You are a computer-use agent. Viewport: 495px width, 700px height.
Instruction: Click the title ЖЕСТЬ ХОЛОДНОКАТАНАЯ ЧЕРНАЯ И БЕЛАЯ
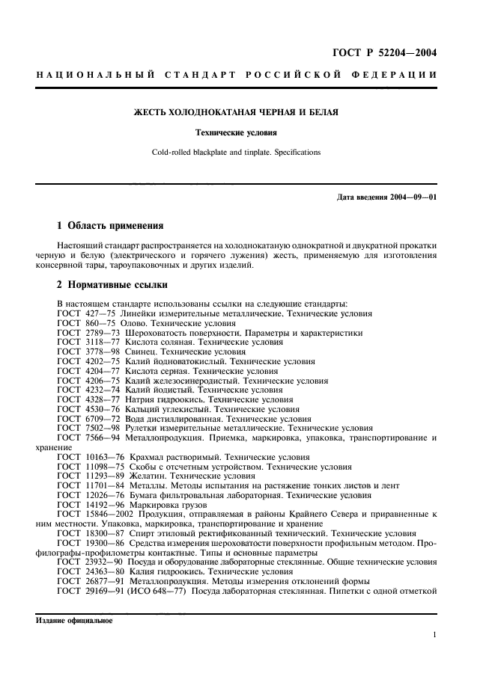pos(236,113)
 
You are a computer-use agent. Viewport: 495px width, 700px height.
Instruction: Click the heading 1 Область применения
pos(110,225)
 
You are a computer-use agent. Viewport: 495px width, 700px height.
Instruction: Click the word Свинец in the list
pos(147,351)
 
